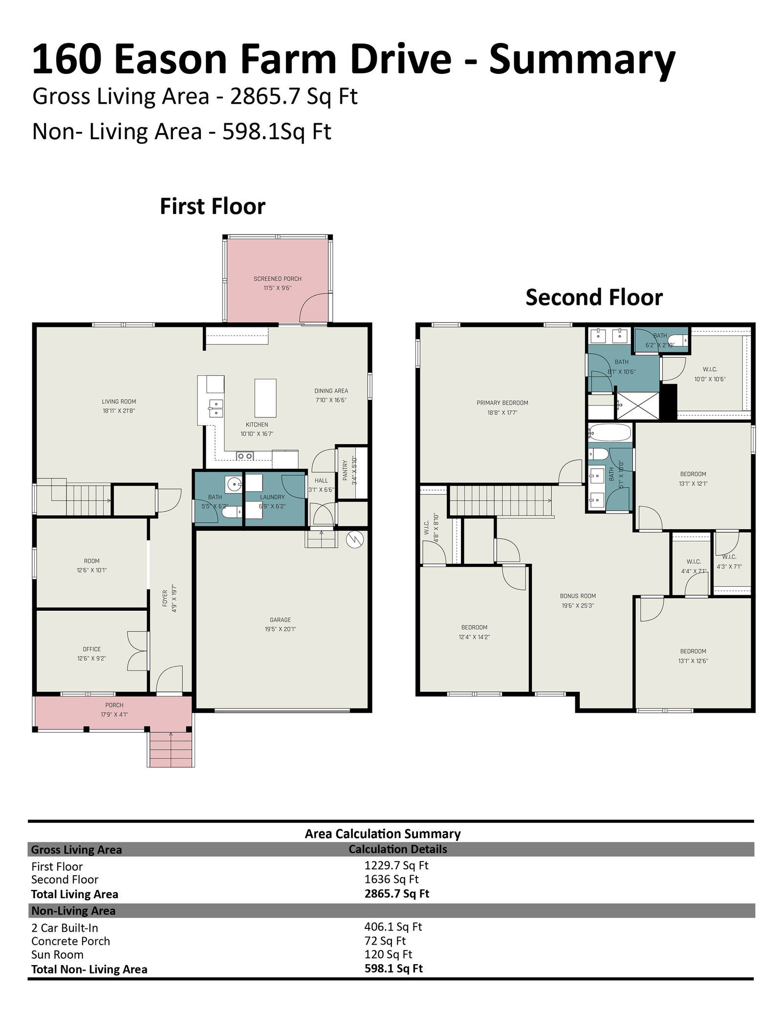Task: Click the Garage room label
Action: tap(280, 620)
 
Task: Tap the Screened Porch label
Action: tap(278, 279)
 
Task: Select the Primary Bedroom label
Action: tap(502, 403)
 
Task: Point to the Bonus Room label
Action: tap(578, 596)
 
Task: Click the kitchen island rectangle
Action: tap(265, 397)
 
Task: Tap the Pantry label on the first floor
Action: tap(345, 470)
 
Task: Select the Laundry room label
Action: tap(272, 497)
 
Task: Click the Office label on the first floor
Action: tap(92, 649)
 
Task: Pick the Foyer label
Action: tap(165, 599)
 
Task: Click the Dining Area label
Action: tap(331, 391)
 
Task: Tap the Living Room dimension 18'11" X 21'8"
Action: tap(119, 411)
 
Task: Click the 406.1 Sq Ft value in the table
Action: tap(393, 927)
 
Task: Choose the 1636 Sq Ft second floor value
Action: tap(391, 880)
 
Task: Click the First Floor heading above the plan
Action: tap(213, 206)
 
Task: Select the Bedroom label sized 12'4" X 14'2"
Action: tap(475, 627)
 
